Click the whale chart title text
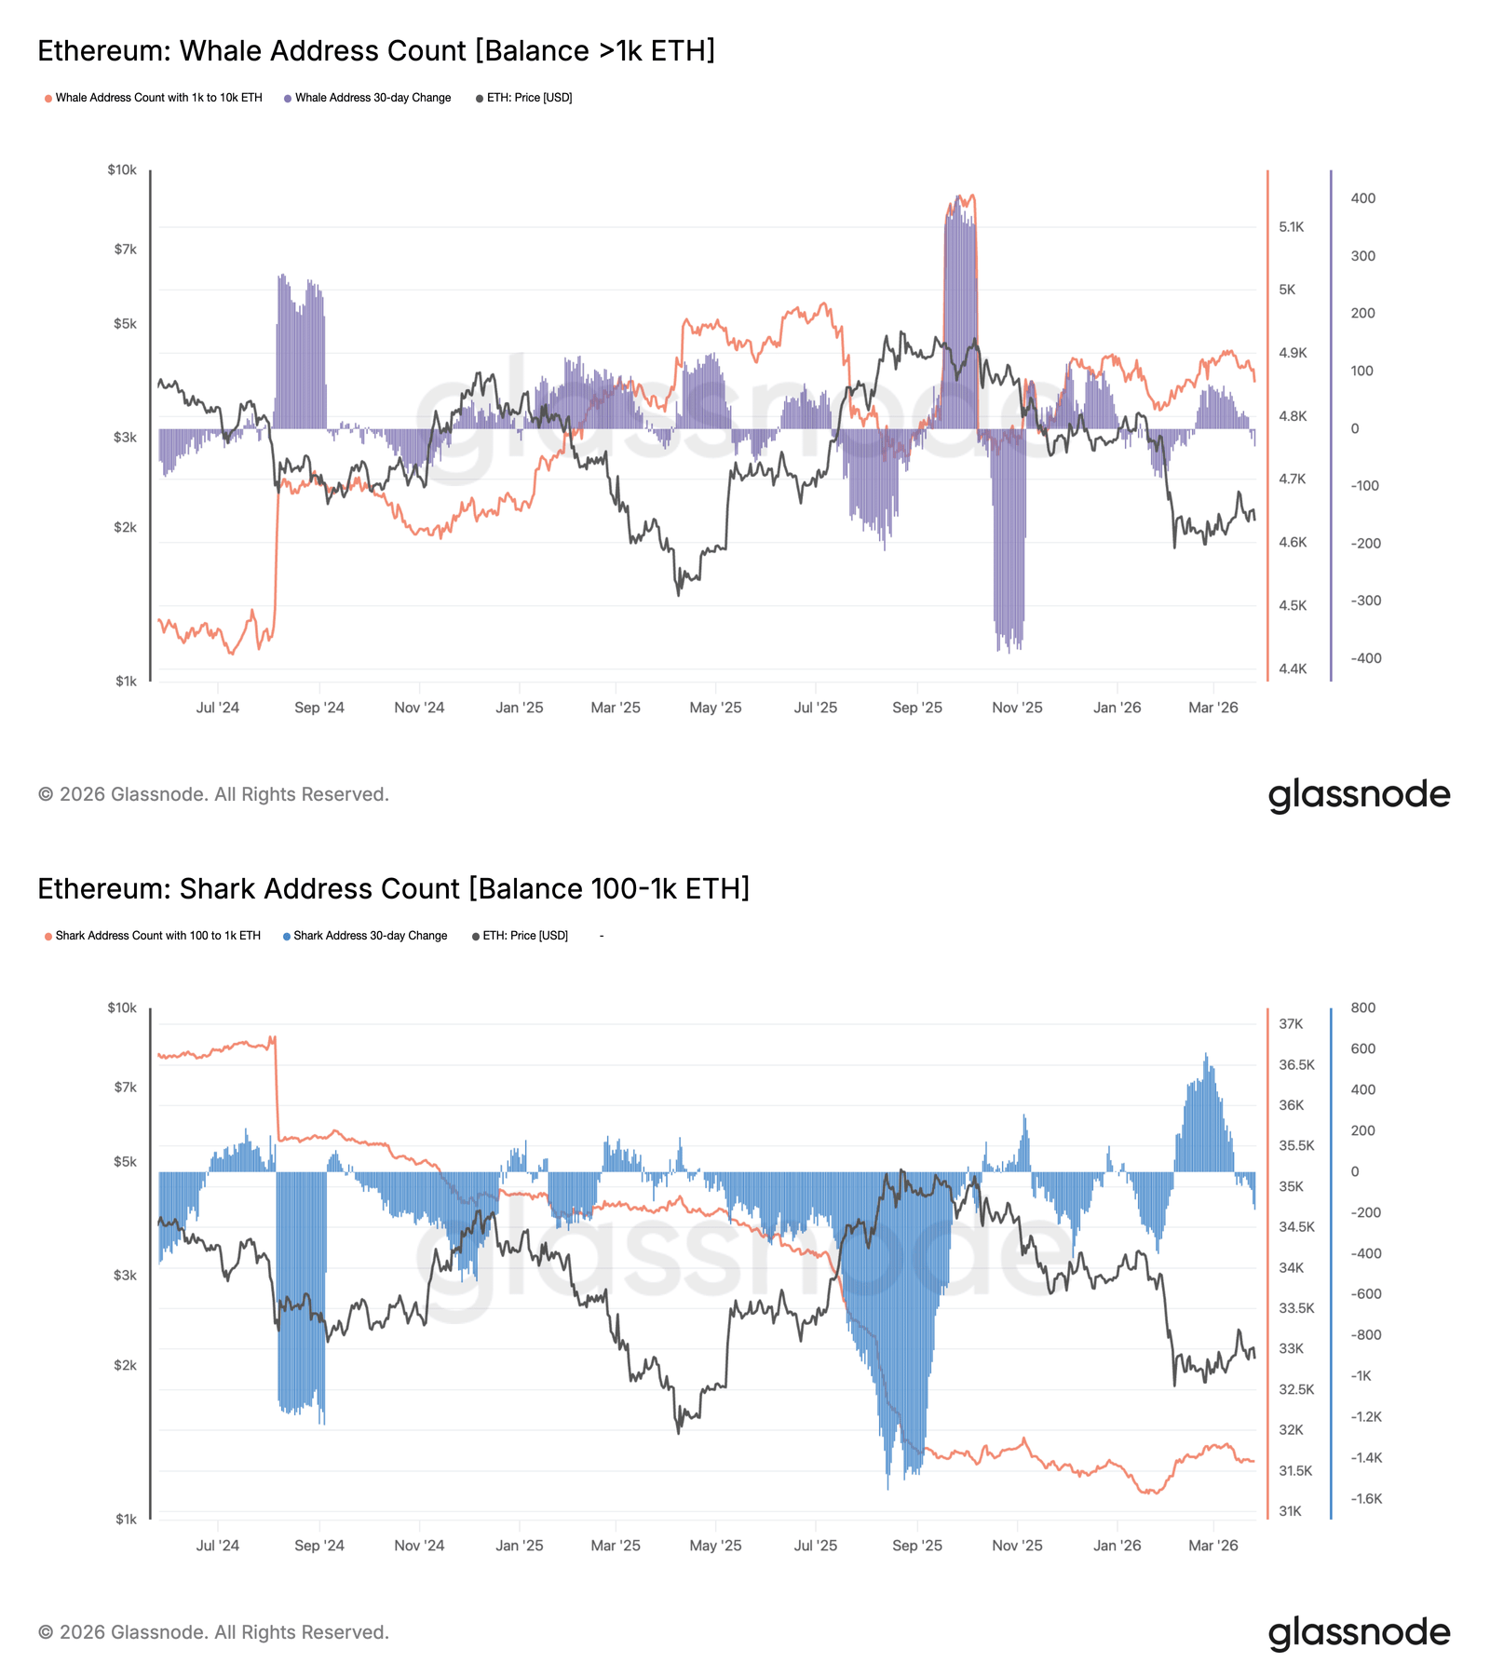(x=376, y=50)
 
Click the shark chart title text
(x=393, y=888)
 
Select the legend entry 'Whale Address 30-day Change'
(x=372, y=98)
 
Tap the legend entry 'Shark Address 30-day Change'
(x=370, y=936)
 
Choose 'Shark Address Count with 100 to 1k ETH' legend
(x=157, y=936)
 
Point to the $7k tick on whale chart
(x=125, y=250)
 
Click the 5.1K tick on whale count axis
(x=1291, y=227)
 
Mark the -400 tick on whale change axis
(x=1366, y=658)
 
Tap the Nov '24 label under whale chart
(x=419, y=708)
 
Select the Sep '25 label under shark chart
(x=916, y=1546)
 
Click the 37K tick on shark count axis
(x=1291, y=1024)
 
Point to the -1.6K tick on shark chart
(x=1366, y=1498)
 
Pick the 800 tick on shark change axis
(x=1362, y=1007)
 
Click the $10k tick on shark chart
(x=122, y=1007)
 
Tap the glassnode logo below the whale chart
(x=1359, y=794)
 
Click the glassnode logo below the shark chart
(x=1359, y=1632)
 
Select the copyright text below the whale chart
(x=213, y=794)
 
